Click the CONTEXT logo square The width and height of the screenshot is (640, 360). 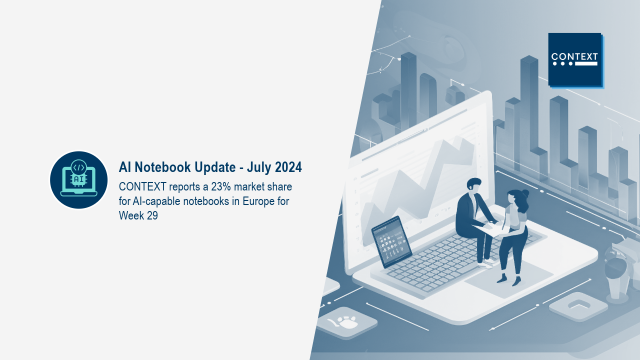click(x=575, y=59)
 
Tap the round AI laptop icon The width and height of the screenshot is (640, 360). click(x=79, y=180)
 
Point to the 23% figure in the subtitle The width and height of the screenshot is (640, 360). click(x=221, y=186)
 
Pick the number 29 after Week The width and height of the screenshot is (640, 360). click(x=152, y=215)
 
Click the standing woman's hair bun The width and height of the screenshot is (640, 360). click(x=525, y=193)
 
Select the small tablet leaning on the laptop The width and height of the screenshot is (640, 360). click(x=391, y=242)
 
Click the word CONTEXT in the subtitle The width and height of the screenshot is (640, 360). click(x=142, y=186)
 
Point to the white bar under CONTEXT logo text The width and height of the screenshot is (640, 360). click(x=586, y=63)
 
